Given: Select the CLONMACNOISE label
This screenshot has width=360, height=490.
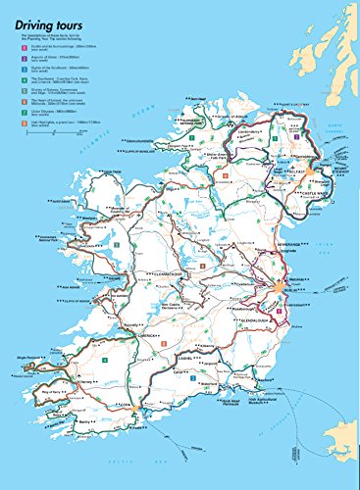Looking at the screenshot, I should [172, 275].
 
